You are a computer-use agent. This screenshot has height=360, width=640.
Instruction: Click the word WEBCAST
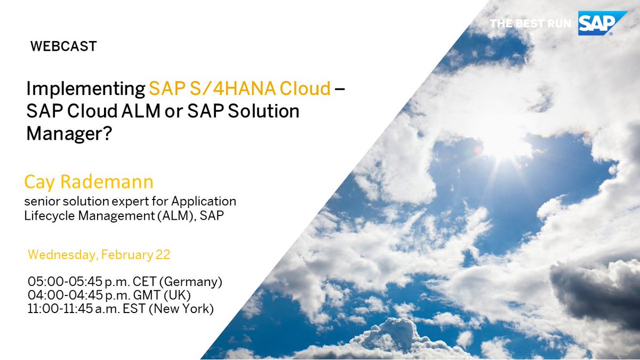pyautogui.click(x=63, y=46)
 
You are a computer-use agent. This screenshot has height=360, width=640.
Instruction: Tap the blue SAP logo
pyautogui.click(x=595, y=23)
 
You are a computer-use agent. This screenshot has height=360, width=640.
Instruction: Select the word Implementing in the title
pyautogui.click(x=85, y=89)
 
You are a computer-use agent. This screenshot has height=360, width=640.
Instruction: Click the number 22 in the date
pyautogui.click(x=163, y=255)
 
